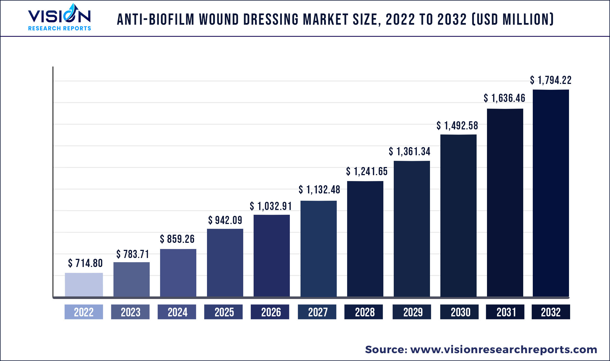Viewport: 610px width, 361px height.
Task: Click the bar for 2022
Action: coord(84,284)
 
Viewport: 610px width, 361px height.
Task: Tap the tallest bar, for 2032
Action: coord(551,193)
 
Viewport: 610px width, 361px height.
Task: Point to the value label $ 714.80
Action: coord(85,263)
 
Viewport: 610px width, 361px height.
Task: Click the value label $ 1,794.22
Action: coord(550,80)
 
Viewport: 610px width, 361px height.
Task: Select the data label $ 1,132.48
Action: coord(319,190)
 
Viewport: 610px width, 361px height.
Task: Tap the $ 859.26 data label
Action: coord(177,239)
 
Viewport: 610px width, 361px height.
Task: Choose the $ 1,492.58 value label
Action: coord(457,126)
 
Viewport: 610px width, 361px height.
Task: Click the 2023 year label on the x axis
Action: coord(130,312)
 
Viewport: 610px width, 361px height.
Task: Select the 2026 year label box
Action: coord(270,312)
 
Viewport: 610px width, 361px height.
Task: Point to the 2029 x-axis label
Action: coord(412,312)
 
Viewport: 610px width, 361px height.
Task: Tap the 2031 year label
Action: coord(505,312)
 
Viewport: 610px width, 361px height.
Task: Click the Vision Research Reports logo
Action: coord(60,17)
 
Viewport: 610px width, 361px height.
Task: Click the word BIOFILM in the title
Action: coord(171,20)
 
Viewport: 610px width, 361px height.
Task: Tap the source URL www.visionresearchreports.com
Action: coord(504,349)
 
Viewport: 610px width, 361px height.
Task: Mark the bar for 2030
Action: coord(458,215)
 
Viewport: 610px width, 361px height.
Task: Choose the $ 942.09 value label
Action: coord(225,220)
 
